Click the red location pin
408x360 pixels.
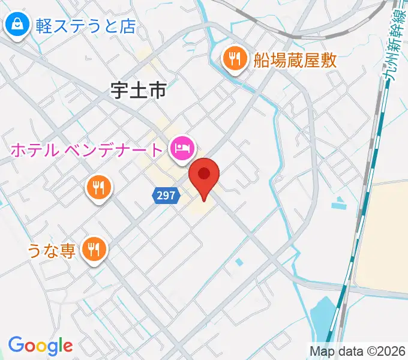pos(204,175)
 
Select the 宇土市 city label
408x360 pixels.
pos(138,91)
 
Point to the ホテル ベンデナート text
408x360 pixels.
pos(87,149)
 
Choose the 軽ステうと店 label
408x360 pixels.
pos(85,26)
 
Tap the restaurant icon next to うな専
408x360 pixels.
pos(94,248)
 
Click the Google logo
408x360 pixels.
pos(40,346)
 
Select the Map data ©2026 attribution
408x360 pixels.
pos(358,350)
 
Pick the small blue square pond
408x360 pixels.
pos(240,262)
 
